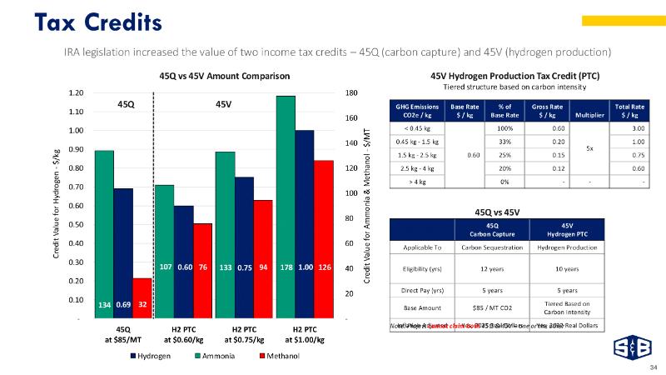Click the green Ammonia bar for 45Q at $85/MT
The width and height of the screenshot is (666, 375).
(104, 233)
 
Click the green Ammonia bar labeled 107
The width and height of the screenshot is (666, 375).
(165, 250)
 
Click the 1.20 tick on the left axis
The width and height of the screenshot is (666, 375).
(76, 92)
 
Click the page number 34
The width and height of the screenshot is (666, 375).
(653, 366)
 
